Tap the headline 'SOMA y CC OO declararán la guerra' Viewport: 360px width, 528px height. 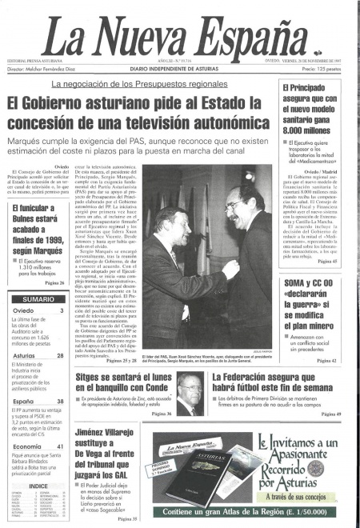pos(318,301)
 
